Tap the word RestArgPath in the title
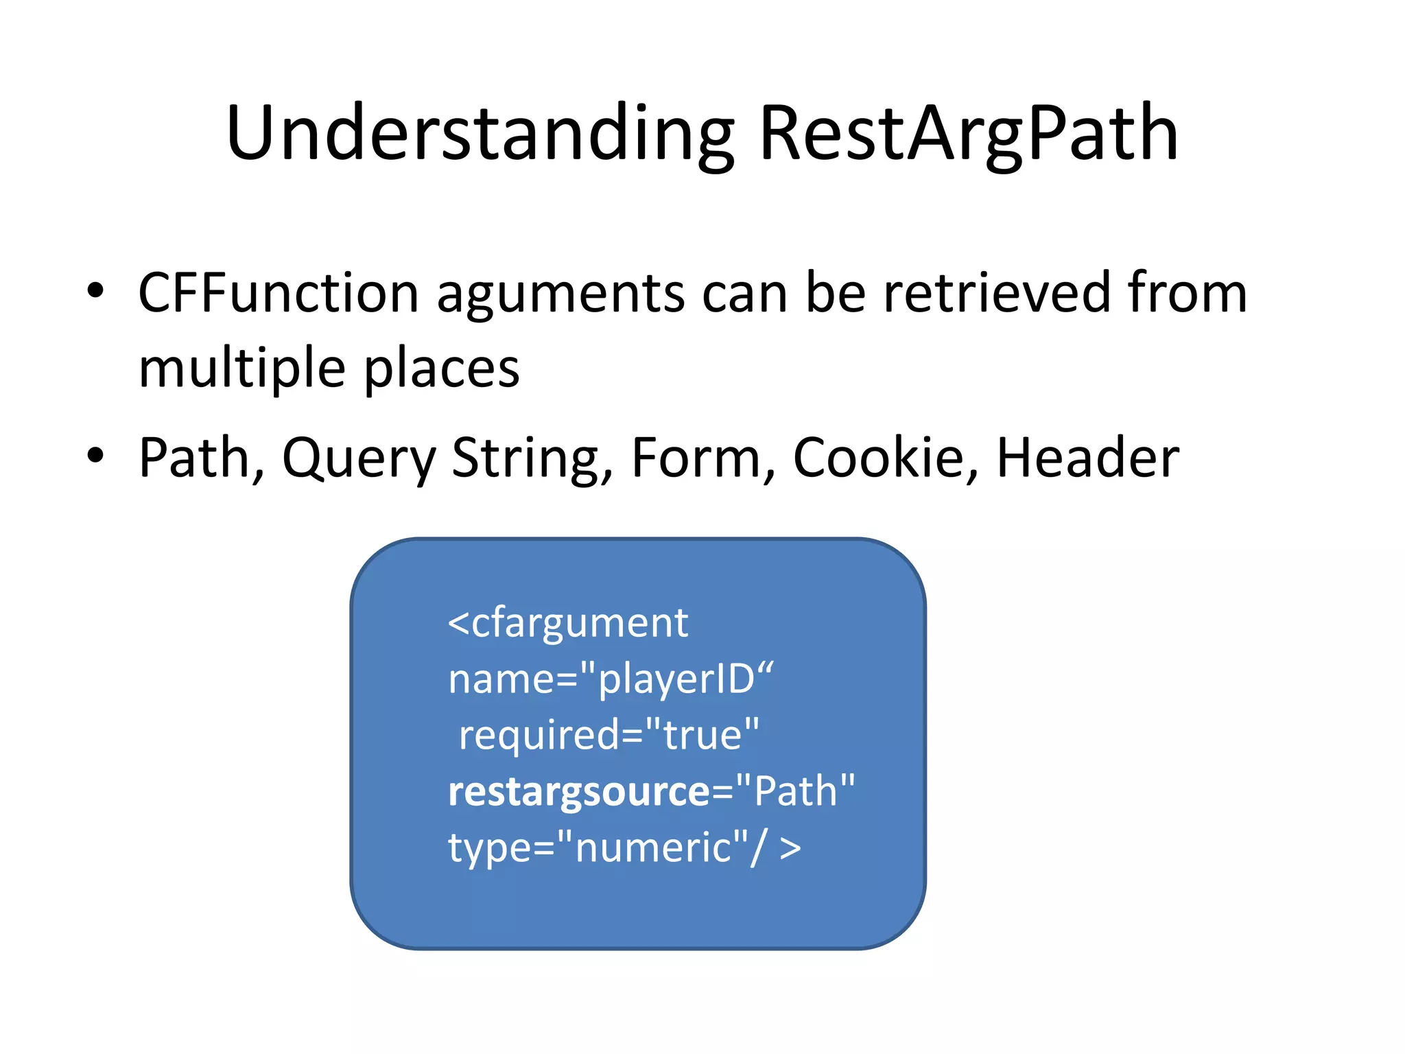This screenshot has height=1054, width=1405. tap(968, 134)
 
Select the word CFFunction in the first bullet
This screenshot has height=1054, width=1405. tap(278, 294)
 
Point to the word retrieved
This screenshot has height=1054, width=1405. tap(997, 294)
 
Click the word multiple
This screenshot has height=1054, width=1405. tap(241, 369)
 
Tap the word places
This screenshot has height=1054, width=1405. tap(441, 369)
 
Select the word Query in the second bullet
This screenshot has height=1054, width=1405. tap(358, 458)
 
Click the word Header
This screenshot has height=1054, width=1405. tap(1087, 458)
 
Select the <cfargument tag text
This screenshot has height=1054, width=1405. tap(568, 624)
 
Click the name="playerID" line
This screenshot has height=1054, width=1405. tap(611, 680)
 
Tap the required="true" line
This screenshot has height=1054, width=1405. tap(609, 736)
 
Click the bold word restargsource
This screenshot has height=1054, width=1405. tap(579, 792)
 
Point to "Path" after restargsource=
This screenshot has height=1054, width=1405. tap(796, 792)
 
